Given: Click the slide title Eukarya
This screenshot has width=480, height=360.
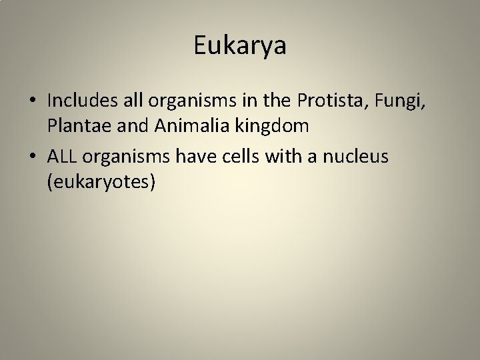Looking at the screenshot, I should [x=239, y=45].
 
